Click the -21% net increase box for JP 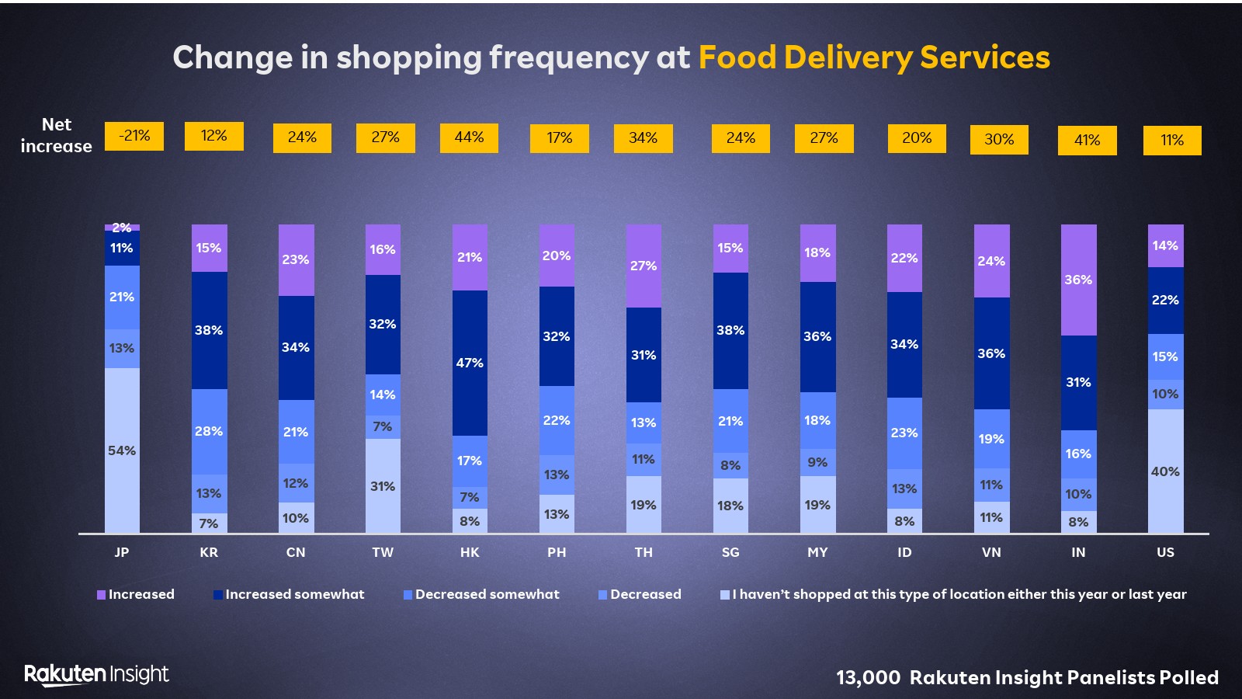click(x=134, y=136)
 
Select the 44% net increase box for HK click(x=469, y=137)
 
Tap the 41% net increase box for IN click(x=1087, y=140)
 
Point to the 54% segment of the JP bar click(x=122, y=450)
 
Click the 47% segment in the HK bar click(x=470, y=363)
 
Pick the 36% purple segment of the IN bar click(x=1078, y=280)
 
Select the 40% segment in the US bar click(x=1165, y=471)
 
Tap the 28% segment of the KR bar click(x=209, y=431)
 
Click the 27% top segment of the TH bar click(x=644, y=266)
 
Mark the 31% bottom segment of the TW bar click(x=383, y=486)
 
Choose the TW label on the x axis click(x=383, y=552)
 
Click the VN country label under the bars click(x=991, y=552)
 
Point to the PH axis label click(x=557, y=552)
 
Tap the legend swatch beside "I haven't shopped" click(x=725, y=595)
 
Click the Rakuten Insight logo click(x=96, y=674)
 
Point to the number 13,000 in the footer click(x=868, y=678)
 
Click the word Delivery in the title click(x=848, y=57)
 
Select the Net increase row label click(x=56, y=135)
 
